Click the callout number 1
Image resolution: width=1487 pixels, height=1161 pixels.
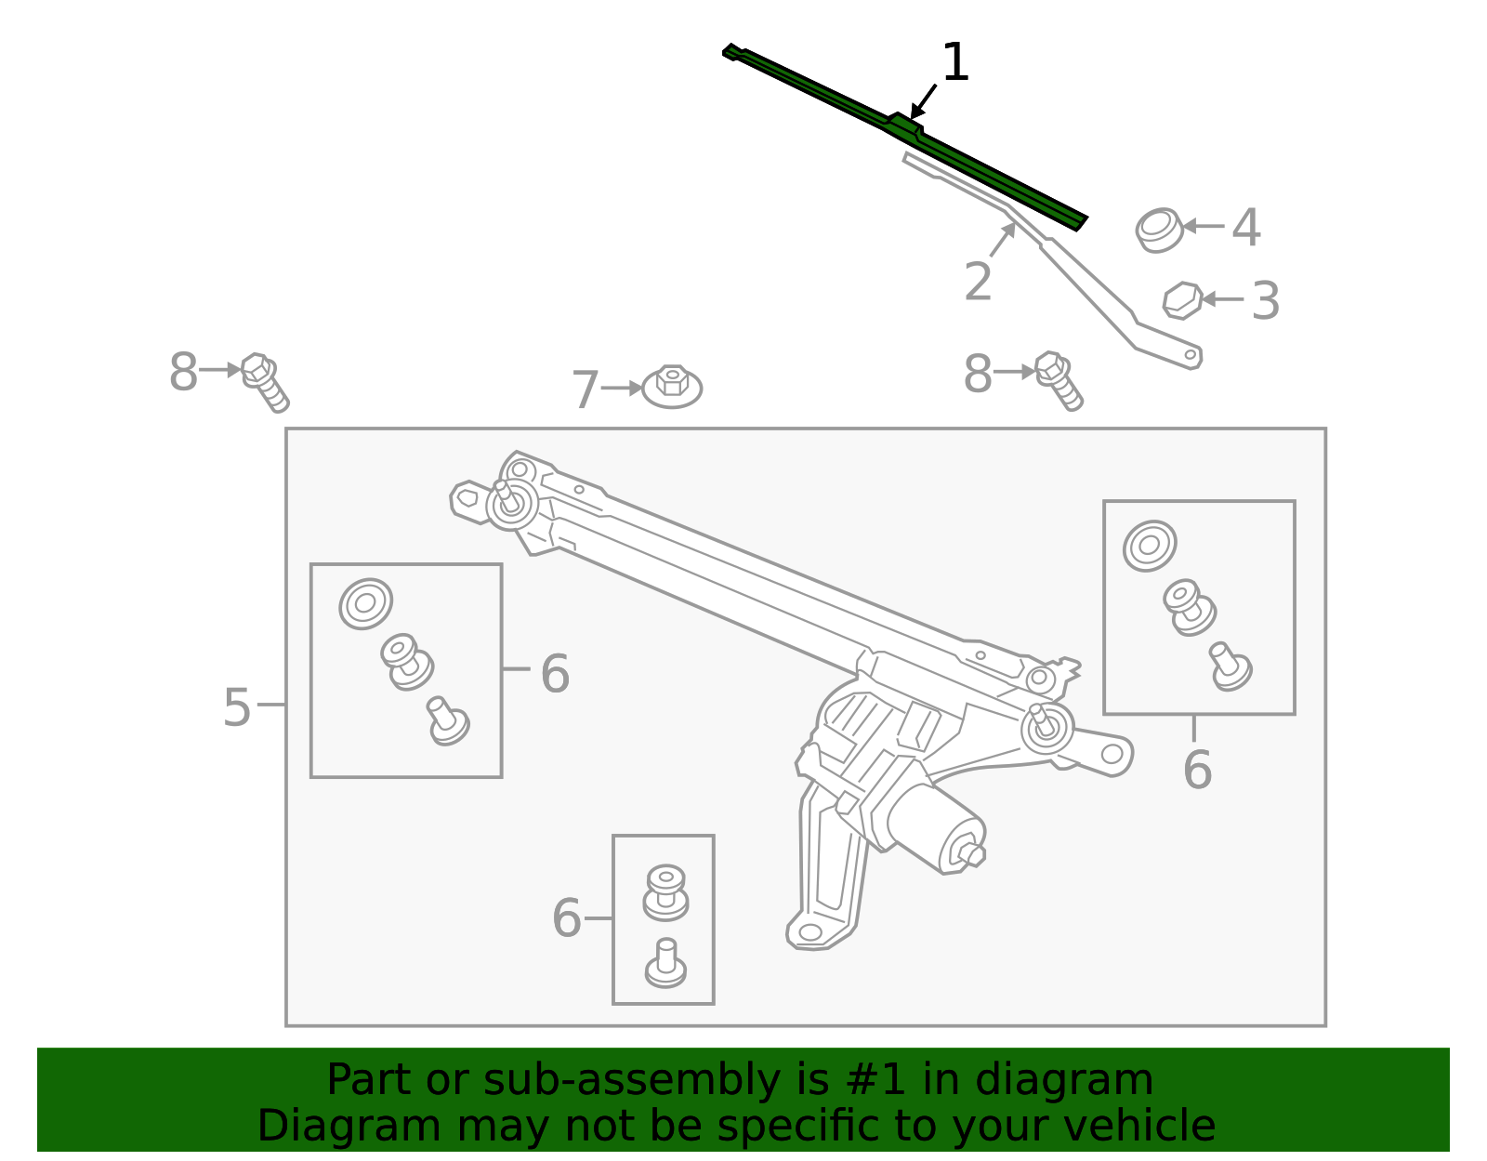coord(954,63)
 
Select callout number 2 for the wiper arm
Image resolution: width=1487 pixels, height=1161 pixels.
coord(978,282)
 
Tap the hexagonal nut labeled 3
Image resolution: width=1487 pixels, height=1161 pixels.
coord(1182,300)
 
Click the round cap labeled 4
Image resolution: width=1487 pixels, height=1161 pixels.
coord(1160,230)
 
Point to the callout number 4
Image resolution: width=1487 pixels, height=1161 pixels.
coord(1246,228)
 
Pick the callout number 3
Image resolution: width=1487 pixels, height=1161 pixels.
coord(1265,301)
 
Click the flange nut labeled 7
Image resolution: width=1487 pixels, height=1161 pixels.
coord(672,386)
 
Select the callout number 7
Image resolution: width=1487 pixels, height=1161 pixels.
coord(585,390)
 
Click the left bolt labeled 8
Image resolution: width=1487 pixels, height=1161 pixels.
coord(264,380)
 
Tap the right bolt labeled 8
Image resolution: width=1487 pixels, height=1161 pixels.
coord(1058,379)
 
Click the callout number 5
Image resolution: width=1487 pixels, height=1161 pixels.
coord(237,708)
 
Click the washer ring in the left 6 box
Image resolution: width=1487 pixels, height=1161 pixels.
coord(365,603)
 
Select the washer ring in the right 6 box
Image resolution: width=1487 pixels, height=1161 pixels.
coord(1150,546)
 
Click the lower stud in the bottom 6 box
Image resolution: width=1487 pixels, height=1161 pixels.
coord(665,964)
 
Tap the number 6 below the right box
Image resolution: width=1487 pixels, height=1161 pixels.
coord(1197,770)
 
